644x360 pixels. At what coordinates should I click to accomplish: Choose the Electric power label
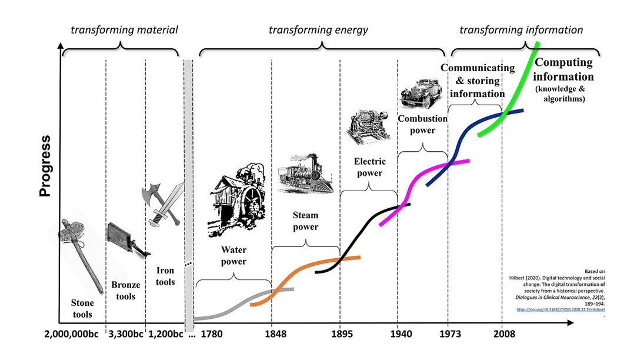click(x=368, y=166)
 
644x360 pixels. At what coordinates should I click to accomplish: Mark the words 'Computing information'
click(x=564, y=69)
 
